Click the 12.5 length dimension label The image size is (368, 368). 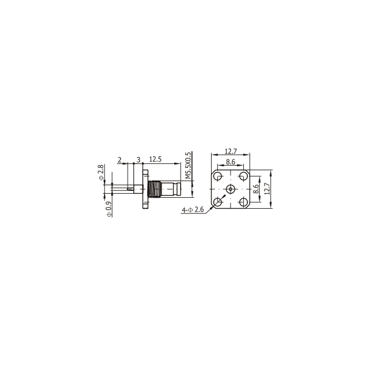(x=155, y=159)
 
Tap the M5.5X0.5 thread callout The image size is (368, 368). (x=188, y=165)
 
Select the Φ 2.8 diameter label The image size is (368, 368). (x=101, y=172)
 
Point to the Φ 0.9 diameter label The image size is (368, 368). (x=109, y=209)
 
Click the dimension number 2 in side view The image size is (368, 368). (x=120, y=160)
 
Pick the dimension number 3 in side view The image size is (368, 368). (x=139, y=160)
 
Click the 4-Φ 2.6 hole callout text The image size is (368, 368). (x=193, y=209)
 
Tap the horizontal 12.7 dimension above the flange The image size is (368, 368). (x=231, y=151)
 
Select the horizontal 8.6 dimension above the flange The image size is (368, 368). (x=231, y=162)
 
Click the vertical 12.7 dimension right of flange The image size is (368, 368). (x=267, y=189)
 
